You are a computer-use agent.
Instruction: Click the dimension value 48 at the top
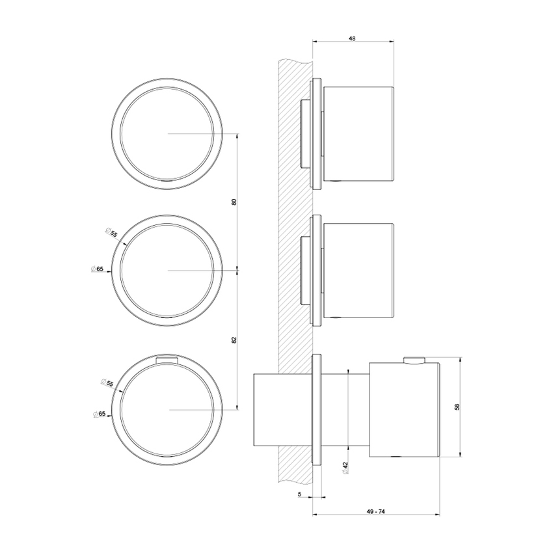click(352, 39)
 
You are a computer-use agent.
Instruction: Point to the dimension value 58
click(457, 407)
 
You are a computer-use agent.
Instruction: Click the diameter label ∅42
click(345, 467)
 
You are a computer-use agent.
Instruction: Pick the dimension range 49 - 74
click(376, 513)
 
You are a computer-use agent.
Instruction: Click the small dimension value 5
click(299, 495)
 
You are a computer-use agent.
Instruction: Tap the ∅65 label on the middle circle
click(98, 269)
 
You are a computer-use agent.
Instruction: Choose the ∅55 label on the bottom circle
click(107, 384)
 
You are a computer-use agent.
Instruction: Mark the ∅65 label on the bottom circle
click(99, 414)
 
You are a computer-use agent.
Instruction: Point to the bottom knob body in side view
click(404, 409)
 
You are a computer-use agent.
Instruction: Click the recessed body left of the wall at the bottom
click(265, 409)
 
